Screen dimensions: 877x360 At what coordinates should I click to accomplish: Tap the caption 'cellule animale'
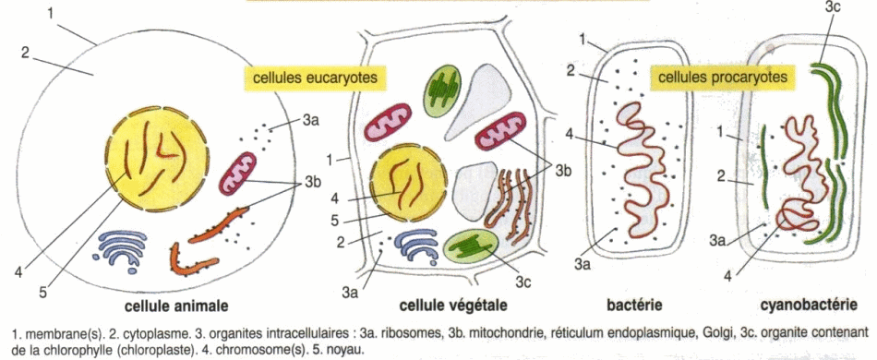coord(176,306)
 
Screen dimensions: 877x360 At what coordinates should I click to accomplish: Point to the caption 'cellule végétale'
coord(453,306)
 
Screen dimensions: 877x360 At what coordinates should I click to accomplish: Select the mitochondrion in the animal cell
coord(237,174)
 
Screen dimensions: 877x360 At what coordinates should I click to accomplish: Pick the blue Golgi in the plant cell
coord(416,245)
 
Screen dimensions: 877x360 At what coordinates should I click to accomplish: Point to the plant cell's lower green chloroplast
coord(471,246)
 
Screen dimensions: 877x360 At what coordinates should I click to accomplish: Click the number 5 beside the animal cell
coord(42,291)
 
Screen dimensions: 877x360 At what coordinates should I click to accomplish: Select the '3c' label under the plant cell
coord(523,282)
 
